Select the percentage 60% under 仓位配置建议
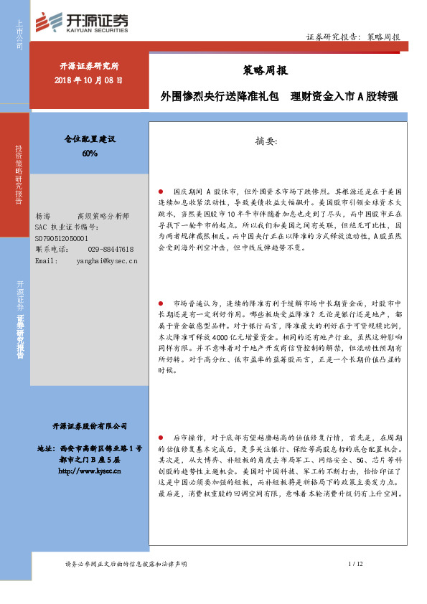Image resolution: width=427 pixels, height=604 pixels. (90, 154)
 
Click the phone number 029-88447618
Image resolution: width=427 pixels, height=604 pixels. (111, 248)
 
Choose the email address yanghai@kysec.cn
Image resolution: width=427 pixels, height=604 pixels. (106, 260)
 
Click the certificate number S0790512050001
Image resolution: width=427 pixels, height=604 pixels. (62, 237)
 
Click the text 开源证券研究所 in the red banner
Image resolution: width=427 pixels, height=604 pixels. (89, 67)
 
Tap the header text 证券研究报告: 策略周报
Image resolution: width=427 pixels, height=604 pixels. (352, 37)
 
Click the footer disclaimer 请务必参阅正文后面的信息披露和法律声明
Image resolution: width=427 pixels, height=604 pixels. (125, 565)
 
